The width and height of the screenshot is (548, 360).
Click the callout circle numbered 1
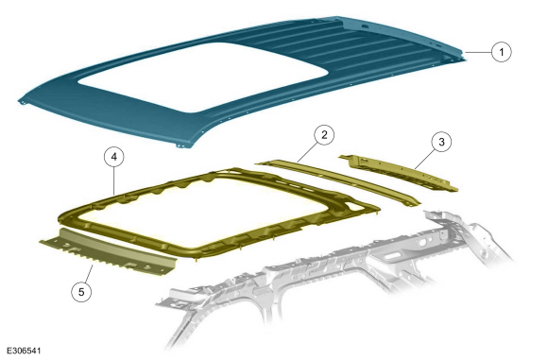[502, 52]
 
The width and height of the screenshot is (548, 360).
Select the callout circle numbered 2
[324, 134]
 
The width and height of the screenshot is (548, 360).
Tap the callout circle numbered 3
[441, 142]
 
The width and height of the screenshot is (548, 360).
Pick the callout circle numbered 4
[114, 157]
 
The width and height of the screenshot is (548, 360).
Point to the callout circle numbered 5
[81, 291]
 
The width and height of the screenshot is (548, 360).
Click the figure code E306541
[24, 351]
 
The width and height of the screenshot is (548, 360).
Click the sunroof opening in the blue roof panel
[203, 77]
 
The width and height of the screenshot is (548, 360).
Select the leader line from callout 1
[478, 52]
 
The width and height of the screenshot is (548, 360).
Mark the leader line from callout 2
[306, 152]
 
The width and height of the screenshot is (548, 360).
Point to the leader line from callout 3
[424, 159]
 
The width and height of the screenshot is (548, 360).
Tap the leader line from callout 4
[114, 181]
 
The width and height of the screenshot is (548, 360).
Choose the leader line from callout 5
[89, 273]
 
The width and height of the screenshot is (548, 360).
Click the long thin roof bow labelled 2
[338, 182]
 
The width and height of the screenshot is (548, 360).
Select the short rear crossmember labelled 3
[399, 173]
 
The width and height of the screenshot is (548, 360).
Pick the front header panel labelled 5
[109, 252]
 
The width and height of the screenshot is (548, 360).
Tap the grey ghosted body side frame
[335, 276]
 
